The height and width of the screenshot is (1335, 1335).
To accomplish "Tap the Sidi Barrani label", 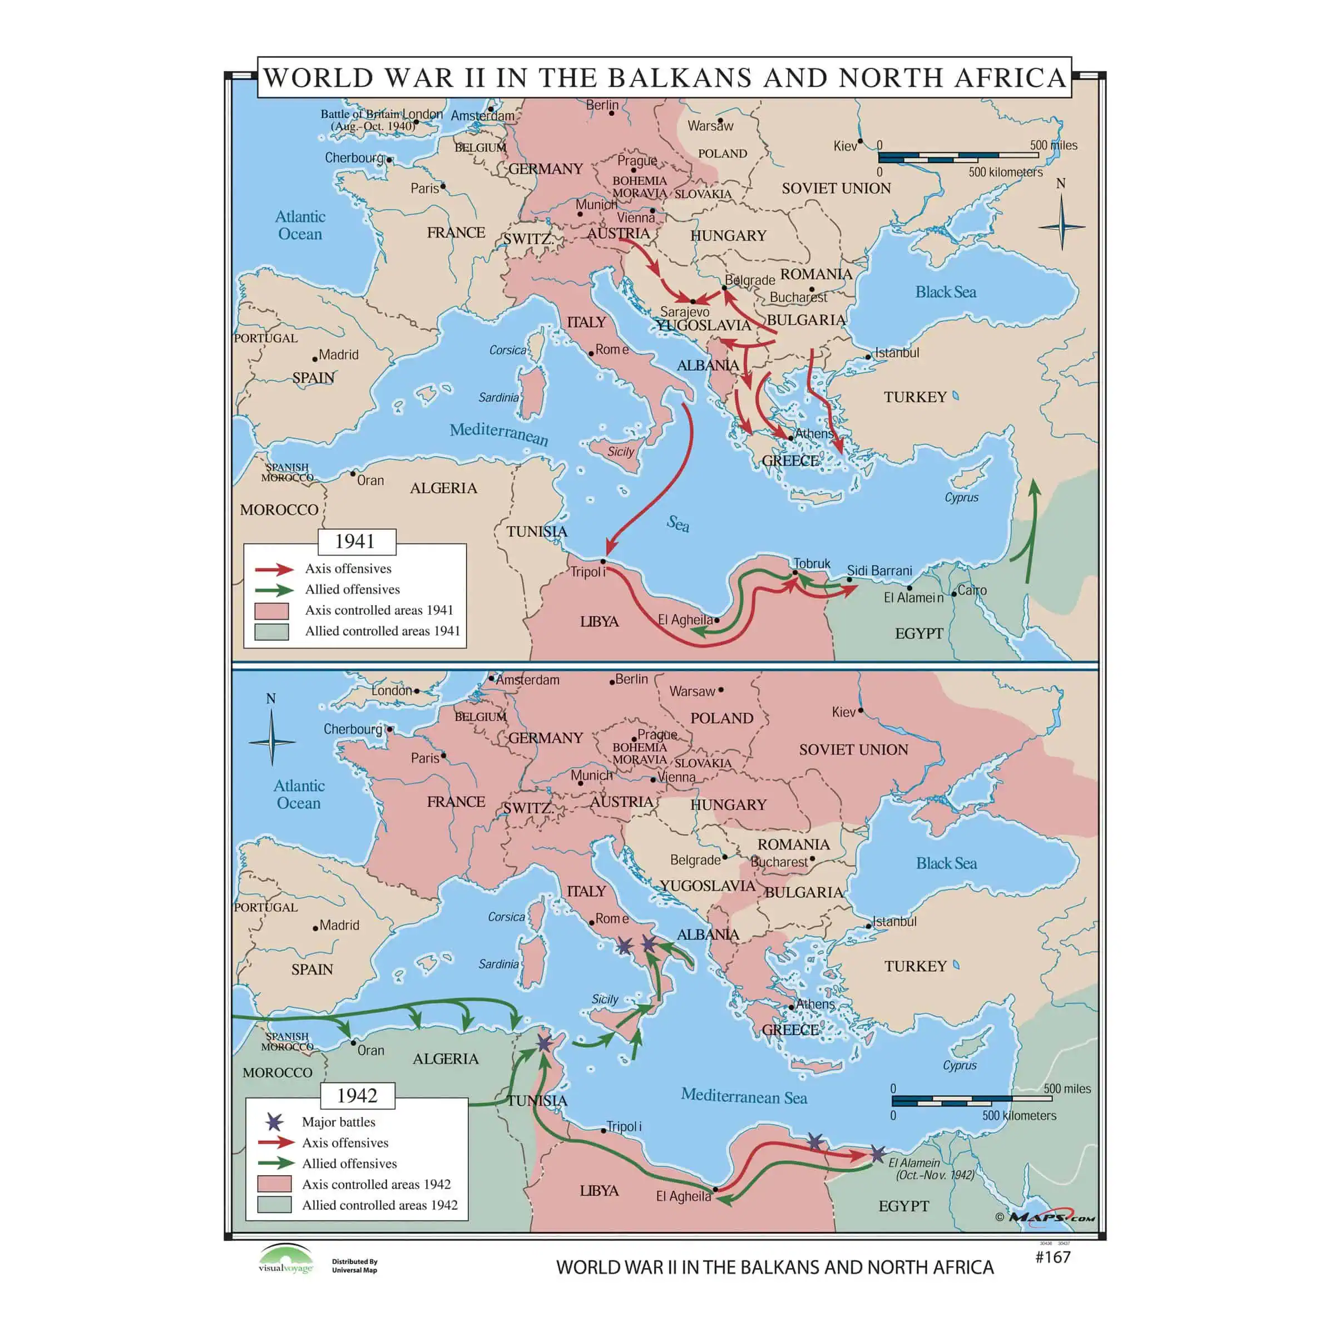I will (x=879, y=571).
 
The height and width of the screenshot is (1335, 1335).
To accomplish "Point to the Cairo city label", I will (x=972, y=590).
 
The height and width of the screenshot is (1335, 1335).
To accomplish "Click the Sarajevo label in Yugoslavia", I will (x=684, y=311).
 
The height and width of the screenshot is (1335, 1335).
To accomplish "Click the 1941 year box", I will (x=356, y=542).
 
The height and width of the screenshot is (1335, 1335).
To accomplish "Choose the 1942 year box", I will (x=357, y=1095).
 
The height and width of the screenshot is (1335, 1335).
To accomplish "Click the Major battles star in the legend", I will (x=274, y=1122).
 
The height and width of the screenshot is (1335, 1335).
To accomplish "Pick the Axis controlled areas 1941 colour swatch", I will (x=271, y=611).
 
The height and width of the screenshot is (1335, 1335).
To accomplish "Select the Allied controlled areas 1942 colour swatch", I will (x=274, y=1204).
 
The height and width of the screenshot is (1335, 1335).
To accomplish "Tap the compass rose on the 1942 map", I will (x=271, y=741).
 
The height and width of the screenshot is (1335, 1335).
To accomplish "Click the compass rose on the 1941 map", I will (x=1061, y=225).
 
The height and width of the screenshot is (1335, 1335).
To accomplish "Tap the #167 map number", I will (x=1052, y=1257).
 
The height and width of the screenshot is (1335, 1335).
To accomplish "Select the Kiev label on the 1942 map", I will (x=843, y=712).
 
